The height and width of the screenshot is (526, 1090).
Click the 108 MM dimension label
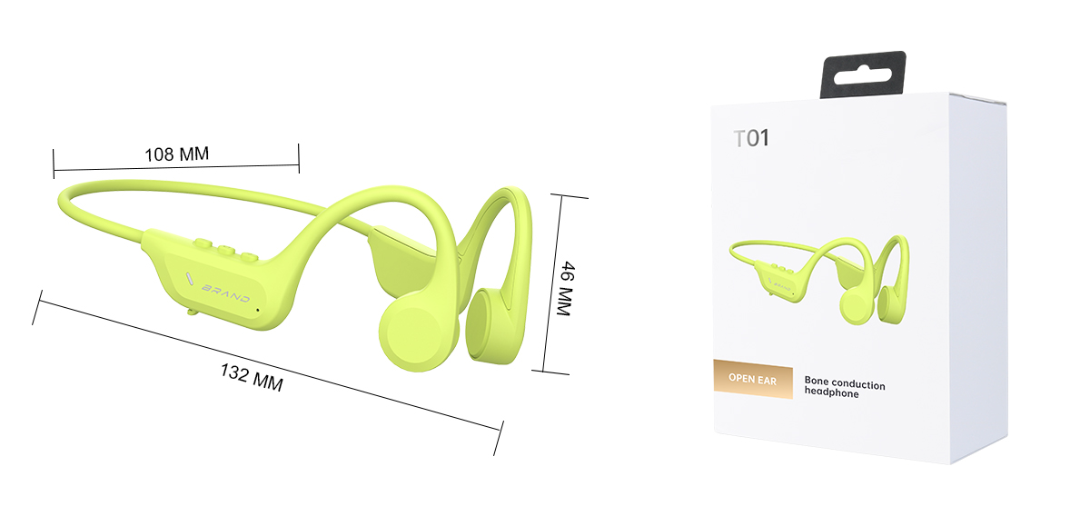point(176,154)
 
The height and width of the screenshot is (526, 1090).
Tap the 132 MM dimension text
point(252,378)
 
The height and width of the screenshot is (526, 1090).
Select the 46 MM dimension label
point(567,289)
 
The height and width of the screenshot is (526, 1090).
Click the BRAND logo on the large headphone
point(226,293)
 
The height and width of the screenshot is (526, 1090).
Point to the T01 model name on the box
point(751,138)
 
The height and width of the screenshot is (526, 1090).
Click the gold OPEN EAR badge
point(753,379)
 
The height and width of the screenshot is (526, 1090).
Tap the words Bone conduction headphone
point(844,387)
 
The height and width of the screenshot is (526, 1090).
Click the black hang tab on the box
point(863,74)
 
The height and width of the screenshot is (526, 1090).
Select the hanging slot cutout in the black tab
point(863,76)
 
